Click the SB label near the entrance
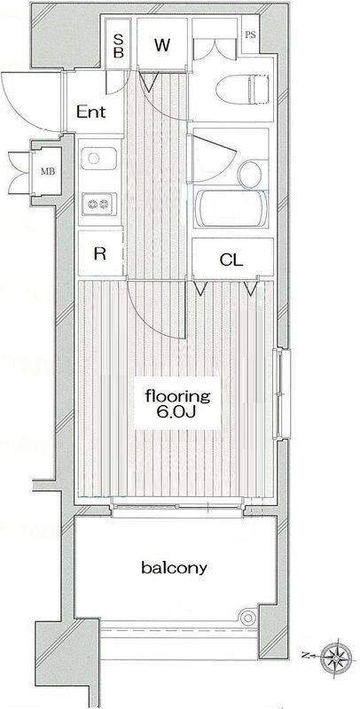click(x=118, y=46)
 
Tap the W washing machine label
click(x=162, y=45)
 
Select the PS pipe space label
click(x=250, y=35)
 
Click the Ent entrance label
click(x=91, y=112)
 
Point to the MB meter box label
click(x=47, y=171)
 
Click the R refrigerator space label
click(x=99, y=253)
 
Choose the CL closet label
click(x=231, y=260)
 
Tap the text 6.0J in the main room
click(x=177, y=413)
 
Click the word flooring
click(x=177, y=396)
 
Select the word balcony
click(x=174, y=567)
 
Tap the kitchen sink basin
click(x=98, y=159)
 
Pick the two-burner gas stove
click(x=99, y=205)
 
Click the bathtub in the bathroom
click(x=231, y=208)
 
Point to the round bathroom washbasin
click(x=250, y=174)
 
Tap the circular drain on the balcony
click(x=247, y=617)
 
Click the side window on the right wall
click(x=284, y=393)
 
